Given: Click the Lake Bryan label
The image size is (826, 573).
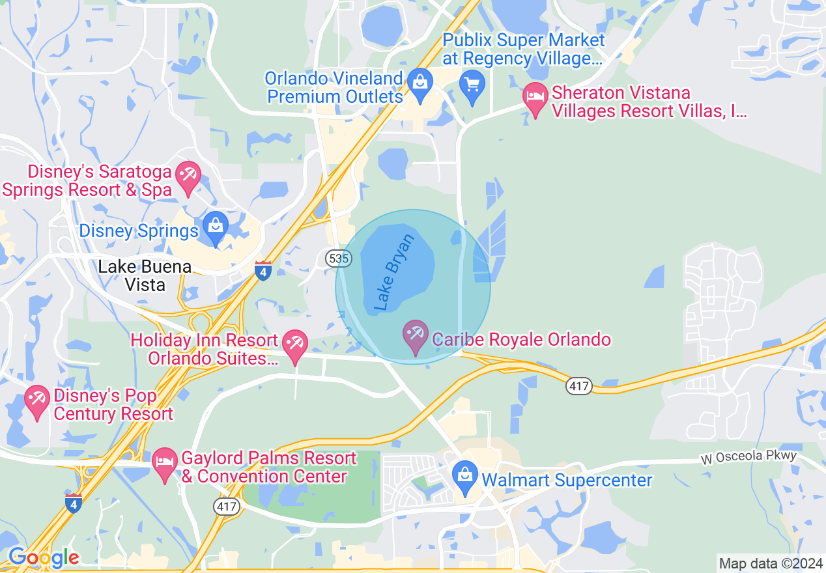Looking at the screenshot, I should pyautogui.click(x=395, y=272).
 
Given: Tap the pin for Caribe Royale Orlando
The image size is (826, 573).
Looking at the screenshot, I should pyautogui.click(x=416, y=337).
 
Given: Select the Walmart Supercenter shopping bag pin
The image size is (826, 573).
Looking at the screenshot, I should pyautogui.click(x=464, y=478).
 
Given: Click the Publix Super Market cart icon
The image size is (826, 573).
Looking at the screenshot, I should pyautogui.click(x=472, y=85).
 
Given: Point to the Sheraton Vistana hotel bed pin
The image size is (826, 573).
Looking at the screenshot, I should pyautogui.click(x=535, y=98).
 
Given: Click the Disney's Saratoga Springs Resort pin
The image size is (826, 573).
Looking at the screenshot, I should pyautogui.click(x=189, y=177).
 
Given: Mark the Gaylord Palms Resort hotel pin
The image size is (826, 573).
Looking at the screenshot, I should pyautogui.click(x=165, y=464).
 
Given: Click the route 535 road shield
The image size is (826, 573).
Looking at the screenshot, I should pyautogui.click(x=339, y=259).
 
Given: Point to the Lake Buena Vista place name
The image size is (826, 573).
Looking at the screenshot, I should pyautogui.click(x=145, y=275).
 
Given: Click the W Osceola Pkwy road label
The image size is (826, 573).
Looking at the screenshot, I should pyautogui.click(x=748, y=457).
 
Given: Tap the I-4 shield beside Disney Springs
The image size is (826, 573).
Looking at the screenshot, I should pyautogui.click(x=263, y=270).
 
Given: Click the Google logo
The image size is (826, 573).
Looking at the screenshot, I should pyautogui.click(x=44, y=557).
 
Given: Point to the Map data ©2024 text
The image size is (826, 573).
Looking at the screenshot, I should pyautogui.click(x=770, y=563).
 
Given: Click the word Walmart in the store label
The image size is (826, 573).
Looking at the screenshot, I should pyautogui.click(x=513, y=481).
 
